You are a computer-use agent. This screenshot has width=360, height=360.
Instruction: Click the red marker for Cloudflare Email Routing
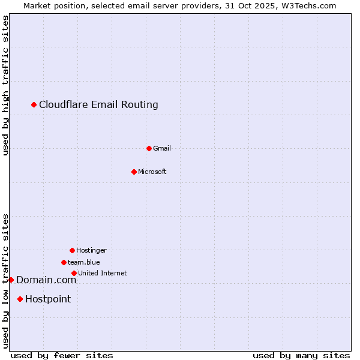pos(34,105)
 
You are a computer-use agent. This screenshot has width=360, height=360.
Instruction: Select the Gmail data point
pos(149,148)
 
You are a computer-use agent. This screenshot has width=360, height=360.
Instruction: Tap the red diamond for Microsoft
pos(134,172)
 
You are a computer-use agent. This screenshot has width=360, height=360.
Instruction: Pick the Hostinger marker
pos(72,250)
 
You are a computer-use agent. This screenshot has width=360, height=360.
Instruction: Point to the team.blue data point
pos(64,262)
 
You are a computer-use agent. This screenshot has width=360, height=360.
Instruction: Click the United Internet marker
pos(74,273)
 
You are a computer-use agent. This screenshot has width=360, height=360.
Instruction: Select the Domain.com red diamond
pos(11,280)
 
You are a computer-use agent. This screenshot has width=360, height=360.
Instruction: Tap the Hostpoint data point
pos(20,299)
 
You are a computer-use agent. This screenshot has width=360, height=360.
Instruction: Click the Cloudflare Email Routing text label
pos(98,105)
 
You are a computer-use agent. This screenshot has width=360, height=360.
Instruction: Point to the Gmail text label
pos(162,148)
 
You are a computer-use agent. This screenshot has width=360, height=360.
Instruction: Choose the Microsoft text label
pos(152,172)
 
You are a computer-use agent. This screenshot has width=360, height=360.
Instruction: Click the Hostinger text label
pos(91,250)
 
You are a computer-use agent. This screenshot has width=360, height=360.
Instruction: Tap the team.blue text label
pos(84,262)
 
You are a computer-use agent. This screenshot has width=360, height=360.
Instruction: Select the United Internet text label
pos(103,273)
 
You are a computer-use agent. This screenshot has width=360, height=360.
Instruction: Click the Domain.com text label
pos(46,280)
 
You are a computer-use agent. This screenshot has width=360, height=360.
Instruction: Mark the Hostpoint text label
pos(48,299)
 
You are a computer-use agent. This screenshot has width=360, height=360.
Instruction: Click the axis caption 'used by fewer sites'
pos(62,355)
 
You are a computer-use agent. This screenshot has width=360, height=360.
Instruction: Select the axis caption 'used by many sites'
pos(301,355)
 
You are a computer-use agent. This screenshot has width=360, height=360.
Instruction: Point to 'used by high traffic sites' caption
pos(5,85)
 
